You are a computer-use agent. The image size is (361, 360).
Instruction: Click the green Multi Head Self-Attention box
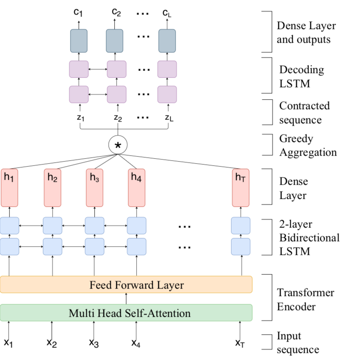[126, 313]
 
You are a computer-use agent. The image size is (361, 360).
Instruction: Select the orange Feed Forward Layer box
[126, 285]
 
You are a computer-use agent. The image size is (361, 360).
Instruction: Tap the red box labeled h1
[9, 188]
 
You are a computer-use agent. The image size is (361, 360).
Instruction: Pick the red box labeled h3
[94, 188]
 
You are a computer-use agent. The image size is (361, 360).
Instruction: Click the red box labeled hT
[241, 188]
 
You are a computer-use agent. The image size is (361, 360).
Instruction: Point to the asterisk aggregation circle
[118, 144]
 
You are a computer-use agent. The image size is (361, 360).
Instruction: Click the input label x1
[8, 343]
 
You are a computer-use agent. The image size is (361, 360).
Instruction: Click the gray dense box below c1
[79, 41]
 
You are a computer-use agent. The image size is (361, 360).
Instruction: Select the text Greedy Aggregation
[307, 145]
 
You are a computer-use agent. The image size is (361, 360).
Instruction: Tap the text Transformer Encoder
[305, 299]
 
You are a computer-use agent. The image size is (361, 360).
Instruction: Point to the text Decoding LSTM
[301, 76]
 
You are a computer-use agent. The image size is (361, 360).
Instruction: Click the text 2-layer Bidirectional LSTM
[309, 238]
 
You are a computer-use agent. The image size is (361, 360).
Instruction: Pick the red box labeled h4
[136, 188]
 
